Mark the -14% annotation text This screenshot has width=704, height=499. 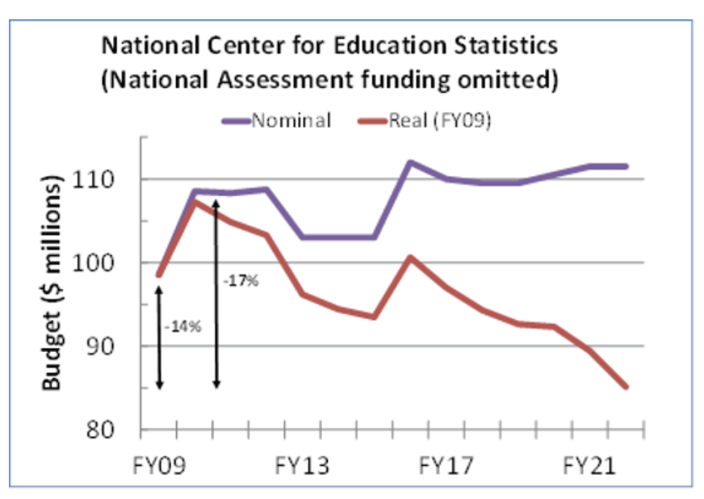(181, 327)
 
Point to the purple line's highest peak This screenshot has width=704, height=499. (410, 161)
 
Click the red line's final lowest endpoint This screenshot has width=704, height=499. (626, 387)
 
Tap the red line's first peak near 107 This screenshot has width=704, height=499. (195, 201)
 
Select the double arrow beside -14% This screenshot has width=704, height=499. (159, 331)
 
